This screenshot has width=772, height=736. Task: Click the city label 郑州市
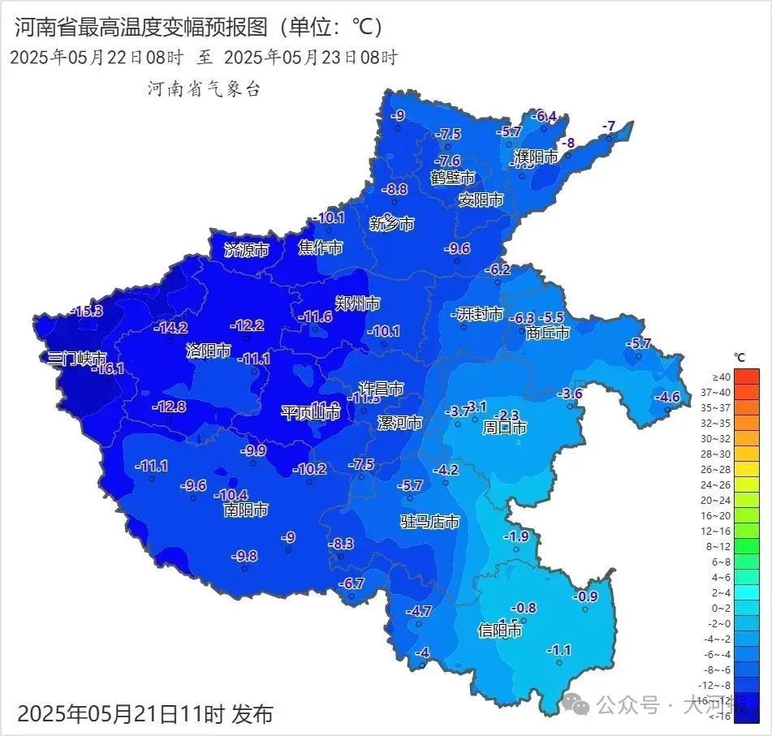357,303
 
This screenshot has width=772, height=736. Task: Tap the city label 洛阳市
208,351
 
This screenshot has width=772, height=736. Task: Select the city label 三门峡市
76,358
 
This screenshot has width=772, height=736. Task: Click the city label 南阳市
245,510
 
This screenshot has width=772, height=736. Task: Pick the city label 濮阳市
536,157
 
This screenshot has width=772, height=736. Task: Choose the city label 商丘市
547,333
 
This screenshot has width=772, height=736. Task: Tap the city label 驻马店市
429,521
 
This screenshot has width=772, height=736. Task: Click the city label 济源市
246,250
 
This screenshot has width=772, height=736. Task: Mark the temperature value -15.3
86,311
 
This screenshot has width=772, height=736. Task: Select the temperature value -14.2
170,328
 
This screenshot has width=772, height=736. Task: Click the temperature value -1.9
515,536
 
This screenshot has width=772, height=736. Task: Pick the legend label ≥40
721,377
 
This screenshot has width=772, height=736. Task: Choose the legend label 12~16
721,531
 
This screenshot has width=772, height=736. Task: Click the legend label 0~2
721,608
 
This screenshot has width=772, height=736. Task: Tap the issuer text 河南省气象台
204,89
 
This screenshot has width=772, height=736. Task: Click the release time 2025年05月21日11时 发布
145,714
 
